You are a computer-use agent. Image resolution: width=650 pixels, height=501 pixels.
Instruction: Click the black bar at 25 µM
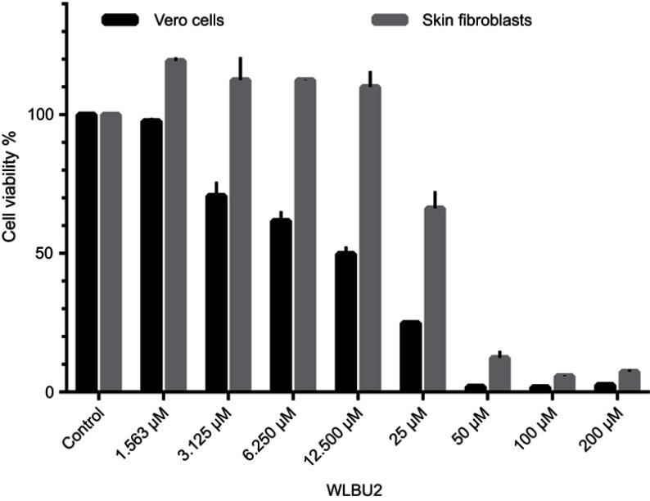point(410,356)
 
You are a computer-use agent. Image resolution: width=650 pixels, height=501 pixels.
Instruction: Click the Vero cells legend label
point(193,20)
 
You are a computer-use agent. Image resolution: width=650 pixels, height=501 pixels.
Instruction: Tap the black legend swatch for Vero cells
point(122,20)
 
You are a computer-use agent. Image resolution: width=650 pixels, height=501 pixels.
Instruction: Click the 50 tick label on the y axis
point(48,253)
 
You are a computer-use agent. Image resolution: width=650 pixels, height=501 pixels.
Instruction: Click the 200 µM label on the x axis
point(601,422)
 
